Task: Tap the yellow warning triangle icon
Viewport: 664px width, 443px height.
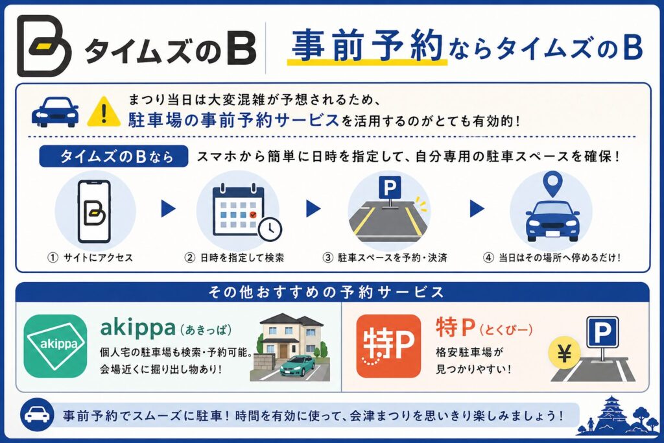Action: point(104,112)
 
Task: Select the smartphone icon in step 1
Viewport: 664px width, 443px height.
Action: point(95,211)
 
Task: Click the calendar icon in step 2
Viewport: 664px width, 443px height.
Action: point(238,210)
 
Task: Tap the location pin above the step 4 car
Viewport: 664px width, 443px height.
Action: point(552,184)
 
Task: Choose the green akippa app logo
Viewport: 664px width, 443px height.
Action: point(56,346)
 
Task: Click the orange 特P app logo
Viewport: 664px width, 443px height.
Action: point(388,346)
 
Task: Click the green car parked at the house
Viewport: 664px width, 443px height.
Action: point(297,366)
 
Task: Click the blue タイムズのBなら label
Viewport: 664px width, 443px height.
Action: point(113,157)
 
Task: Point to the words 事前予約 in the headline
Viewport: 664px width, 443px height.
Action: point(367,45)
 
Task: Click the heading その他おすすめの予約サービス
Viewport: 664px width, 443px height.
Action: point(326,293)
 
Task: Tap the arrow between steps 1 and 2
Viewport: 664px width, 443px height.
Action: point(168,208)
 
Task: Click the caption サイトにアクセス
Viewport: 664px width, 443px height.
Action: point(99,257)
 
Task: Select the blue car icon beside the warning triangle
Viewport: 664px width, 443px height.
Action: point(55,112)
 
